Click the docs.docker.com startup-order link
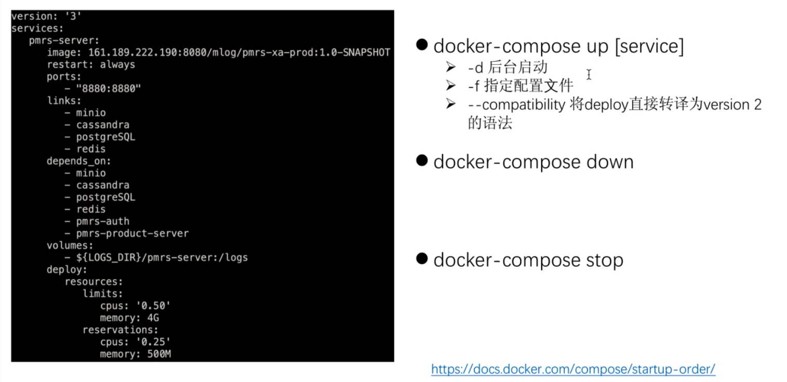coord(573,369)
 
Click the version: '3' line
coord(46,17)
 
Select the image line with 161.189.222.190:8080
coord(218,52)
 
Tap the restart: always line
coord(91,64)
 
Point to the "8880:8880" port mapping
coord(109,89)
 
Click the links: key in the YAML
coord(64,101)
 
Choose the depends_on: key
coord(79,161)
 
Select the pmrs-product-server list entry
coord(132,233)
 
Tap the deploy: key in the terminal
coord(67,269)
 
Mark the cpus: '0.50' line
coord(135,306)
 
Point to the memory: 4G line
coord(129,318)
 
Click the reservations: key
coord(121,330)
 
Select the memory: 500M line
coord(135,354)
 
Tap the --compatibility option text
coord(516,105)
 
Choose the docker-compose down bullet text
coord(533,162)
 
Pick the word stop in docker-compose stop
coord(604,260)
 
